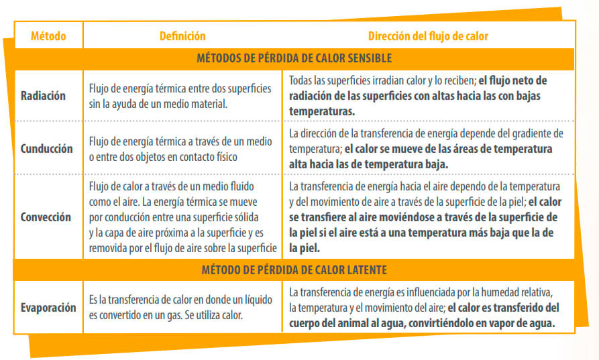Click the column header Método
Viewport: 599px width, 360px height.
pyautogui.click(x=48, y=36)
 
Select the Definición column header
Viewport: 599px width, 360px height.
pyautogui.click(x=182, y=36)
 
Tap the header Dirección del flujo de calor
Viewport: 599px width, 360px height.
pyautogui.click(x=427, y=36)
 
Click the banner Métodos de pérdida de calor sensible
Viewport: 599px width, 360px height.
pyautogui.click(x=294, y=58)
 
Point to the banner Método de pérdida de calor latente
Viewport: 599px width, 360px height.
pyautogui.click(x=294, y=269)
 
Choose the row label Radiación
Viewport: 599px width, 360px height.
pyautogui.click(x=44, y=96)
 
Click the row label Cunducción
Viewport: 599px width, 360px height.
pyautogui.click(x=46, y=148)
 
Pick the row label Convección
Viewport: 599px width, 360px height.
pyautogui.click(x=46, y=217)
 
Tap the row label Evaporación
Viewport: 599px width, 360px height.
pyautogui.click(x=47, y=308)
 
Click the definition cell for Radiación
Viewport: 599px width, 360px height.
pyautogui.click(x=180, y=96)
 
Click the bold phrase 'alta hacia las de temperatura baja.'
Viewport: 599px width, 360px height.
pyautogui.click(x=368, y=163)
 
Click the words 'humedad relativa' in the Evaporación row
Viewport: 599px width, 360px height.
pyautogui.click(x=514, y=294)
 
